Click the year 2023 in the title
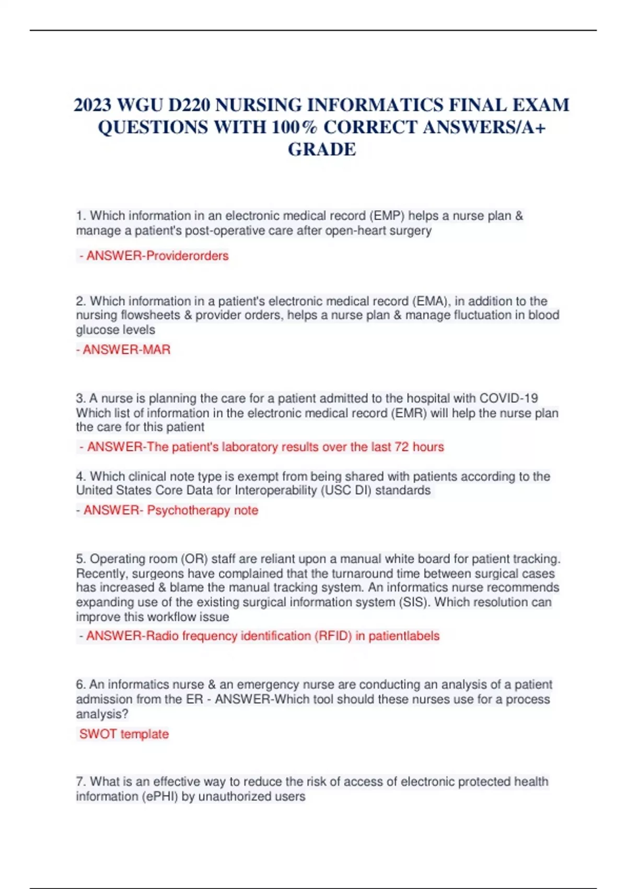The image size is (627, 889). pos(93,105)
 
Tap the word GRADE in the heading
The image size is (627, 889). pos(322,150)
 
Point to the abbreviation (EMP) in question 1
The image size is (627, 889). pos(387,216)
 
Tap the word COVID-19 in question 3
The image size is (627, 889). pos(508,398)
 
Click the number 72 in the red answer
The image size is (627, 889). pos(401,447)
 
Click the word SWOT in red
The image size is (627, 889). pos(98,734)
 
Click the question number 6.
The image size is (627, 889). pos(80,685)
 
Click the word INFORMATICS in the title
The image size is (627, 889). pos(374,105)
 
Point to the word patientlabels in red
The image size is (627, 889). pos(404,636)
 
